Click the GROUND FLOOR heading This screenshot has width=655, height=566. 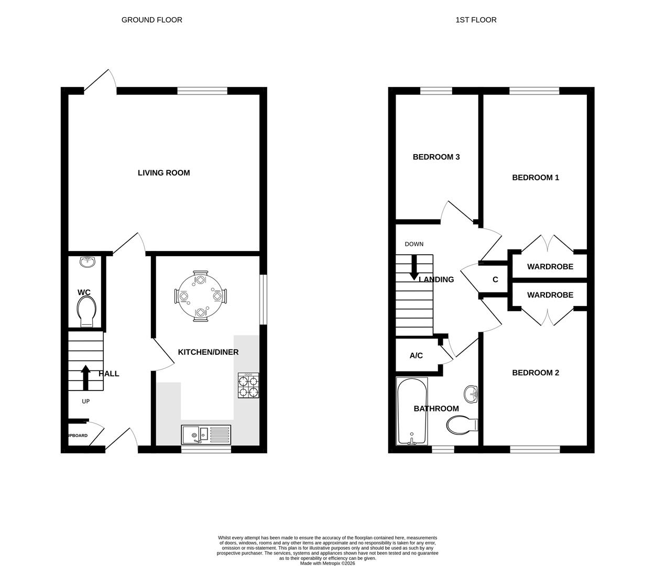(x=152, y=20)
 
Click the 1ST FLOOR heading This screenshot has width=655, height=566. (x=476, y=20)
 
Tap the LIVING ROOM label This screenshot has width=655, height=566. (x=163, y=173)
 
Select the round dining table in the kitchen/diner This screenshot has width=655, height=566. (x=201, y=296)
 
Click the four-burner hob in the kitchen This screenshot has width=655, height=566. (x=248, y=385)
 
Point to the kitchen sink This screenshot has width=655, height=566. (x=205, y=434)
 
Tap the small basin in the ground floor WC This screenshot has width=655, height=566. (x=88, y=262)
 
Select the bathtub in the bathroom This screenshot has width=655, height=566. (x=412, y=411)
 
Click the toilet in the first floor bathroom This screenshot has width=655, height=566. (x=462, y=424)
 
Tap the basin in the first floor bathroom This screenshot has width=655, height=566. (x=471, y=394)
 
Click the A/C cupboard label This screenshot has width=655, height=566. (x=416, y=356)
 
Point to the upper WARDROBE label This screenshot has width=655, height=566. (x=550, y=267)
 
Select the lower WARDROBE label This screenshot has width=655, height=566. (x=550, y=295)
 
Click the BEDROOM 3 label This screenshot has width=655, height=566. (x=436, y=157)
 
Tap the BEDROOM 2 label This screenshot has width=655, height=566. (x=535, y=373)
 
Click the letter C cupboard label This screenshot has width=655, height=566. (x=495, y=280)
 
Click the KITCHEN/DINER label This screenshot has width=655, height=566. (x=208, y=352)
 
